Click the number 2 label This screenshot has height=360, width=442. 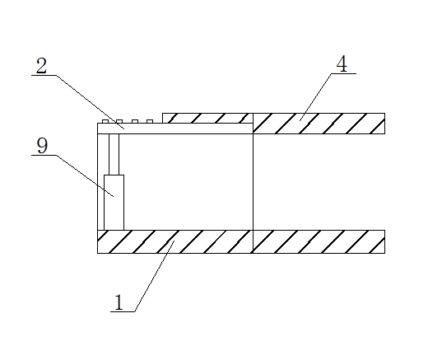coord(41,66)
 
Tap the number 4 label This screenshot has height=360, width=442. coord(342,63)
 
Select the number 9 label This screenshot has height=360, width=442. coord(42,146)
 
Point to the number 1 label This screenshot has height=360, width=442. coord(119,302)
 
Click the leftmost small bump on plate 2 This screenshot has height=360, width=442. coord(105,121)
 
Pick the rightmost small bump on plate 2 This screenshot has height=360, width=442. coord(150,121)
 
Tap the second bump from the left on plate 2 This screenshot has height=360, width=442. coord(119,121)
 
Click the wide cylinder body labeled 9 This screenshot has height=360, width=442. coord(114,203)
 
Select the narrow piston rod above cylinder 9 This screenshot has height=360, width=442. coord(114,154)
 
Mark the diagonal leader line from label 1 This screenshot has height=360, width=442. coord(155,276)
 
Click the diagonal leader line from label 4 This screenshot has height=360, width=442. coord(315,97)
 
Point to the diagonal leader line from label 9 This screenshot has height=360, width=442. coord(85,175)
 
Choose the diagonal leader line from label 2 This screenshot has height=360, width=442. coord(90,102)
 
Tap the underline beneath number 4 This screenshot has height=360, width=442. coord(344,73)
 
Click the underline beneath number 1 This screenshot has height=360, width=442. coord(123,311)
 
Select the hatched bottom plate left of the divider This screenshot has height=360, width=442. coord(175,242)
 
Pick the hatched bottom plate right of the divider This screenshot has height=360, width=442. coord(319,242)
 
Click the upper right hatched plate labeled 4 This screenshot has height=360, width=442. coord(319,124)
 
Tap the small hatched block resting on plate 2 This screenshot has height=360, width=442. coord(207,118)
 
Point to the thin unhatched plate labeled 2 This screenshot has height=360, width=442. coord(175,129)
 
